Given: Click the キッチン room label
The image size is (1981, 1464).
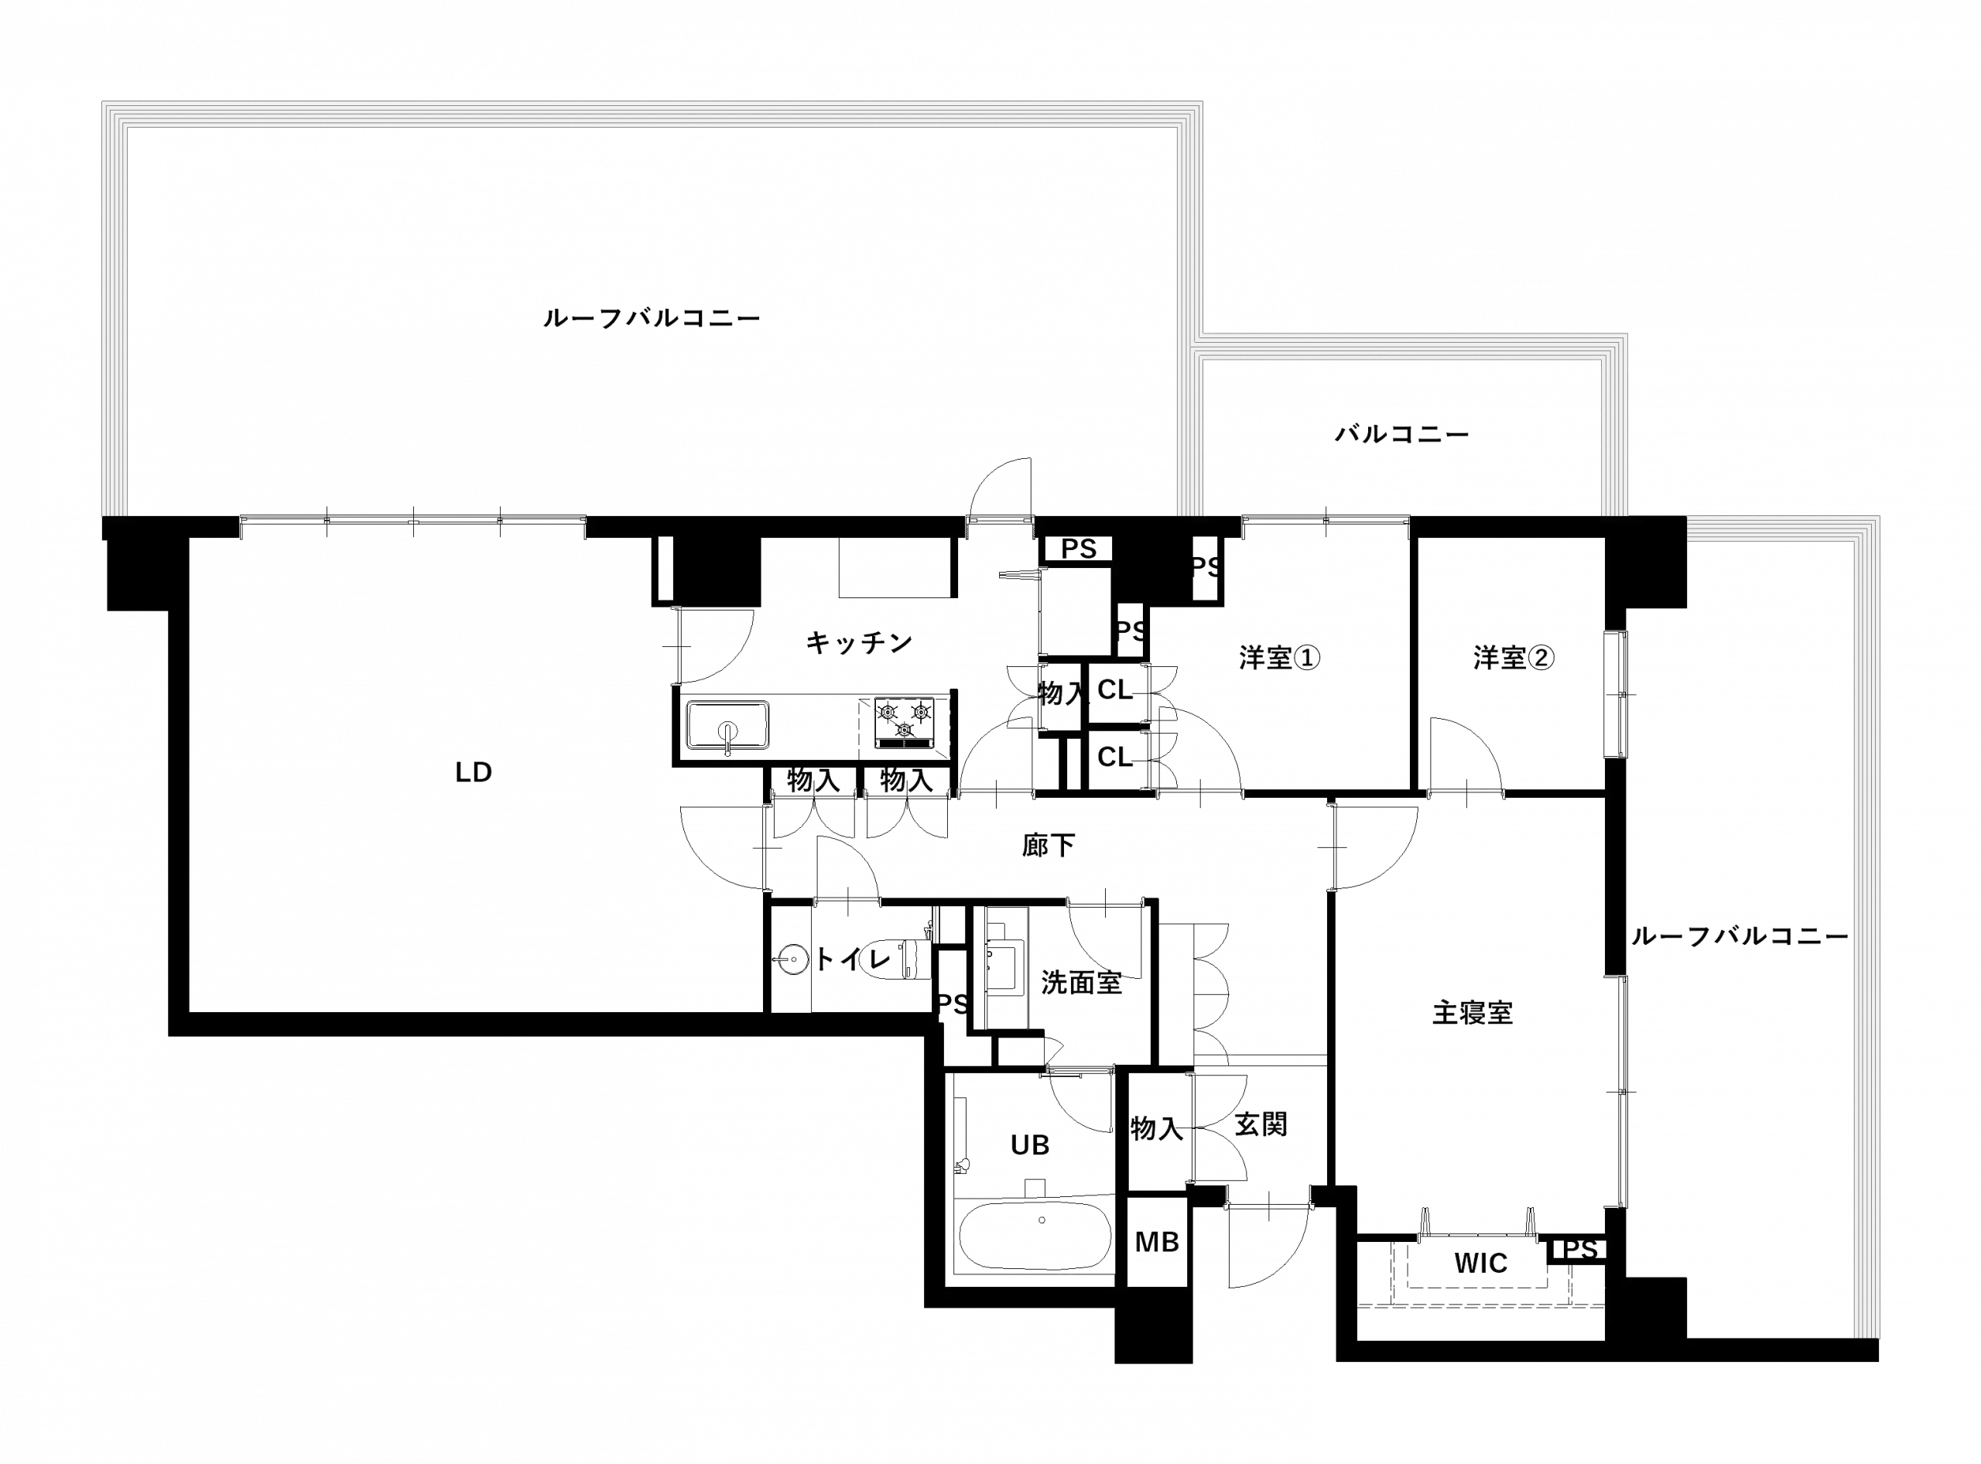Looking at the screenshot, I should click(x=858, y=641).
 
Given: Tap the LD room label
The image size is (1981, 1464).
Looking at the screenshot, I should click(x=476, y=773).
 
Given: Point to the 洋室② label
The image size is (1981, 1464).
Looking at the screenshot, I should click(x=1514, y=658).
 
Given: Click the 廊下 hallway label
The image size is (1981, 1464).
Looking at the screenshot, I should click(x=1048, y=847).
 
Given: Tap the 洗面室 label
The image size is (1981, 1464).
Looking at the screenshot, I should click(x=1083, y=983).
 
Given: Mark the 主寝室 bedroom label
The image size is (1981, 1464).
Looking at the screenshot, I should click(x=1473, y=1013).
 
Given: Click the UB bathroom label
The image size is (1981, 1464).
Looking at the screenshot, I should click(x=1030, y=1146).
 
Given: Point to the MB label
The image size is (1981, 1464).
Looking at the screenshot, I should click(x=1158, y=1243).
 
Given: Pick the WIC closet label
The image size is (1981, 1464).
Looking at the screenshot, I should click(x=1481, y=1264).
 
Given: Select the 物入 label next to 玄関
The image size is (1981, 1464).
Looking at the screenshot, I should click(x=1156, y=1128).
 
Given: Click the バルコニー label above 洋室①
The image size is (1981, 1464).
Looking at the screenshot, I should click(x=1402, y=434).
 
